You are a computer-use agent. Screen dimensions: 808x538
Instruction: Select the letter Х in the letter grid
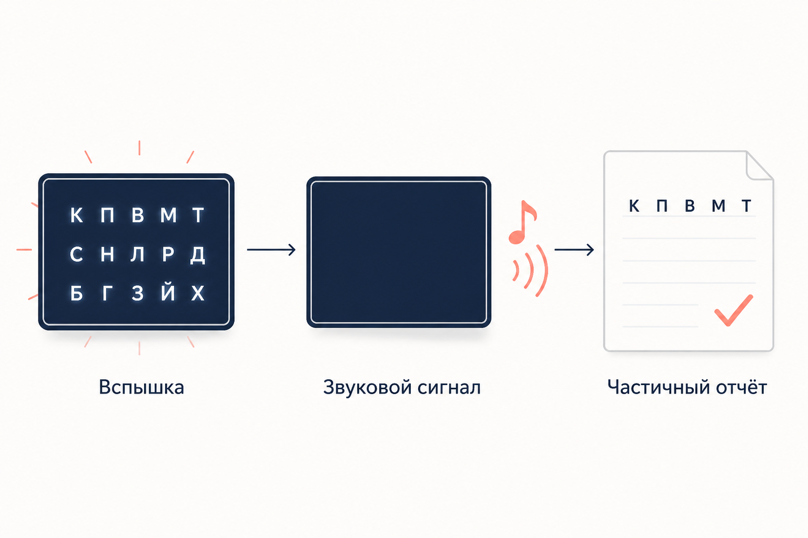[198, 293]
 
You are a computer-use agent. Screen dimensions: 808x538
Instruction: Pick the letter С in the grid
[76, 254]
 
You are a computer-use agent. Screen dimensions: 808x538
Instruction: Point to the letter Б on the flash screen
[76, 293]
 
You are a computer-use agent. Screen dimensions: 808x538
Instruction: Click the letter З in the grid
[137, 293]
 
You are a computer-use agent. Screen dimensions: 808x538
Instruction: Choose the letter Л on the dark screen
[137, 254]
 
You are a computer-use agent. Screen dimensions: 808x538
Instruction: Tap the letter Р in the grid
[168, 254]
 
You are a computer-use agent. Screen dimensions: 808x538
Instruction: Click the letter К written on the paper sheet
[634, 206]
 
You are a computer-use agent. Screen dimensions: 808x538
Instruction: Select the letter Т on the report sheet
[746, 206]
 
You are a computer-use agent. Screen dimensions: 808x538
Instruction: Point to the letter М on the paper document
[718, 206]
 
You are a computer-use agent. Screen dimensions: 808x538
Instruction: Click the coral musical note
[522, 222]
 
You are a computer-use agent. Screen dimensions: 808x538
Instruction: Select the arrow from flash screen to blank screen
[271, 250]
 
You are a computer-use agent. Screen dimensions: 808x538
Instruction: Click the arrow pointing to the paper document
[574, 250]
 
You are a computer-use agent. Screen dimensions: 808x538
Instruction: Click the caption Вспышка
[142, 387]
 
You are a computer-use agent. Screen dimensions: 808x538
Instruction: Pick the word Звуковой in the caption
[367, 387]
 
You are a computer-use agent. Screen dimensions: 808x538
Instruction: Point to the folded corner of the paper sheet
[759, 166]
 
